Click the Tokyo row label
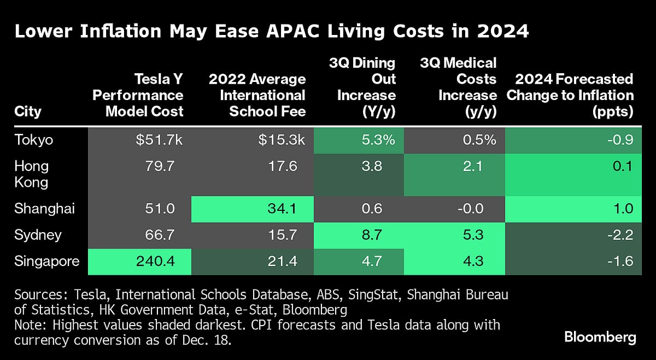[34, 139]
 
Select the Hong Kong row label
[32, 173]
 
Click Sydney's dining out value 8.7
[383, 235]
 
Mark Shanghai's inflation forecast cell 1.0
[623, 209]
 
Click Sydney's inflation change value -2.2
[620, 235]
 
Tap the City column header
[28, 111]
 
